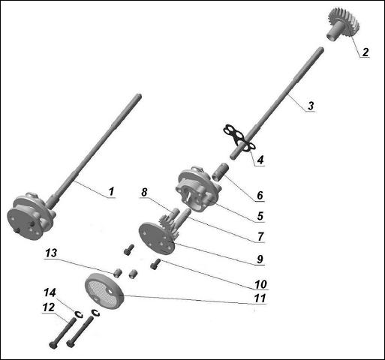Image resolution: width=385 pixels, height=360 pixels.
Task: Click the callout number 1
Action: pos(110,191)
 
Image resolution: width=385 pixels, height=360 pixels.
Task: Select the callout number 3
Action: pos(310,106)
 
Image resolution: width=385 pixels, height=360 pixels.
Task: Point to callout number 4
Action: pos(260,159)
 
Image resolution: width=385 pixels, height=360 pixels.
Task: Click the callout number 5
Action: pos(260,216)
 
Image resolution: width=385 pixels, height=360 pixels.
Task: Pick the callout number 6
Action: pos(260,195)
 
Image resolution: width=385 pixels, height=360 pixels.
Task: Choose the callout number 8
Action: pos(144,192)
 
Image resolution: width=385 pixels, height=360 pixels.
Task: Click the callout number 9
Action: pos(260,259)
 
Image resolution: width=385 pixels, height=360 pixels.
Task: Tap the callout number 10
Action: pos(260,285)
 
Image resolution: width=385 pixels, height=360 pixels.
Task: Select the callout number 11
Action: pos(260,298)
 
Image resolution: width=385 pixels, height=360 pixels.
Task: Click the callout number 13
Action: pos(50,254)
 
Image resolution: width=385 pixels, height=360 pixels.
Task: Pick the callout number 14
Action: pos(50,292)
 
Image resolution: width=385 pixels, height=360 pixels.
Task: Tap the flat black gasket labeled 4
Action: pos(239,137)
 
